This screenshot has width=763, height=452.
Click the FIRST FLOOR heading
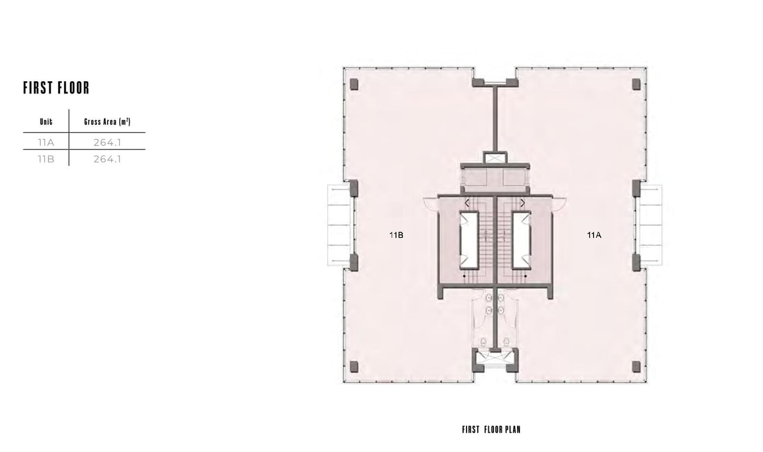tap(56, 88)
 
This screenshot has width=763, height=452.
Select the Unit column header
tap(46, 122)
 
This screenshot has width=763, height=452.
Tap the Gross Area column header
tap(107, 122)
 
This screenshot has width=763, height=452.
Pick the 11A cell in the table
tap(46, 142)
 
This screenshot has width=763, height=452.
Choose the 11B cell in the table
tap(46, 159)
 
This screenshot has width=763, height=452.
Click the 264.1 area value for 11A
tap(107, 142)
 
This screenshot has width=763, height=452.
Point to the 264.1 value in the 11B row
tap(107, 159)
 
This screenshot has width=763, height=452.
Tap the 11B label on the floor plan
tap(396, 235)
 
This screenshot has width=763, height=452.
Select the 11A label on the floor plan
tap(594, 235)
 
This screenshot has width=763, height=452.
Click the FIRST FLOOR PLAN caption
tap(491, 430)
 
